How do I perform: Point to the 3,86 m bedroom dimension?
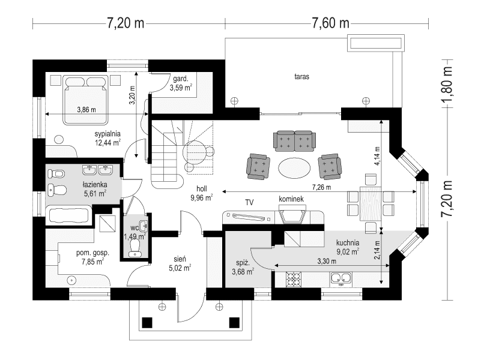87,110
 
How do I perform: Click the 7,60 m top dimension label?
330,23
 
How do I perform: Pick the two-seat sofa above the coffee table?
294,140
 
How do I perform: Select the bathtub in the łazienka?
68,215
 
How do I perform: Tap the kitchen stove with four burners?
294,279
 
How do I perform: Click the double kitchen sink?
340,278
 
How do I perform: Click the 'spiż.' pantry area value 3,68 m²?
242,271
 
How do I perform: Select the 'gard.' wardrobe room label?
180,79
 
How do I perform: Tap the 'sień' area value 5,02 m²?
179,268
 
